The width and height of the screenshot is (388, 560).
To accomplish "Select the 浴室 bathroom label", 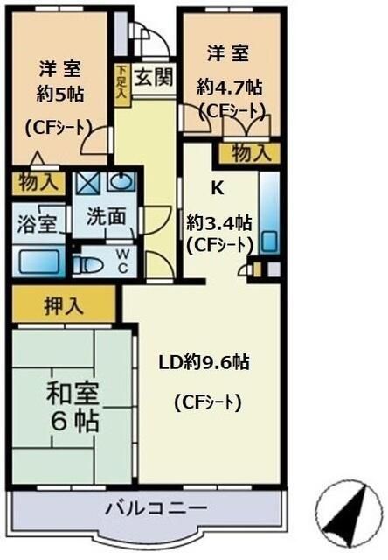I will pyautogui.click(x=38, y=220).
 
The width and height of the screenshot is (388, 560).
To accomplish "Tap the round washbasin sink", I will pyautogui.click(x=121, y=183).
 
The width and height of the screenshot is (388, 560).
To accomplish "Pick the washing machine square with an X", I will pyautogui.click(x=87, y=184).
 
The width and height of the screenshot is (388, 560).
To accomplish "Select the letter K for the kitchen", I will pyautogui.click(x=217, y=185).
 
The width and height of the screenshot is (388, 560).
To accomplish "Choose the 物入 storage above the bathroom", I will pyautogui.click(x=38, y=184).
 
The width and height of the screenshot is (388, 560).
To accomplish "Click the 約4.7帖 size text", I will pyautogui.click(x=229, y=87).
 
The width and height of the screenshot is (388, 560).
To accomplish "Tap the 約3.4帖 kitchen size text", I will pyautogui.click(x=219, y=222).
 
